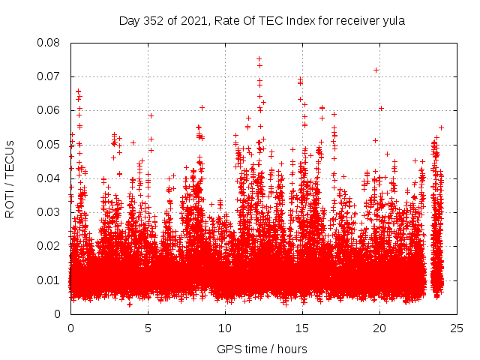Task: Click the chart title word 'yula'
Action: [394, 21]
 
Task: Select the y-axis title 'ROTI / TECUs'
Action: [10, 178]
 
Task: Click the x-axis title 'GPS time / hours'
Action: [262, 349]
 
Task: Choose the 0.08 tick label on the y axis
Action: [50, 43]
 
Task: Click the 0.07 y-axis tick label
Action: [50, 76]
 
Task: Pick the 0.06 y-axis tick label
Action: [50, 110]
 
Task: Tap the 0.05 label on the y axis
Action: [50, 144]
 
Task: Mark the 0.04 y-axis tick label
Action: [50, 178]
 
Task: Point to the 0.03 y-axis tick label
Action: [50, 212]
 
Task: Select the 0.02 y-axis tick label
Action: [50, 246]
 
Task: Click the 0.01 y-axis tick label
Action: [50, 280]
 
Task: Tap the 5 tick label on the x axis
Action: [148, 328]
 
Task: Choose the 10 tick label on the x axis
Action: [225, 328]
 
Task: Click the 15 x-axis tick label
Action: [302, 328]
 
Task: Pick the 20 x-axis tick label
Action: [379, 328]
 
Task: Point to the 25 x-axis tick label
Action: [457, 328]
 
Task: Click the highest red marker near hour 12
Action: [259, 58]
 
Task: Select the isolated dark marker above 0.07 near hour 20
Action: [376, 70]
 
